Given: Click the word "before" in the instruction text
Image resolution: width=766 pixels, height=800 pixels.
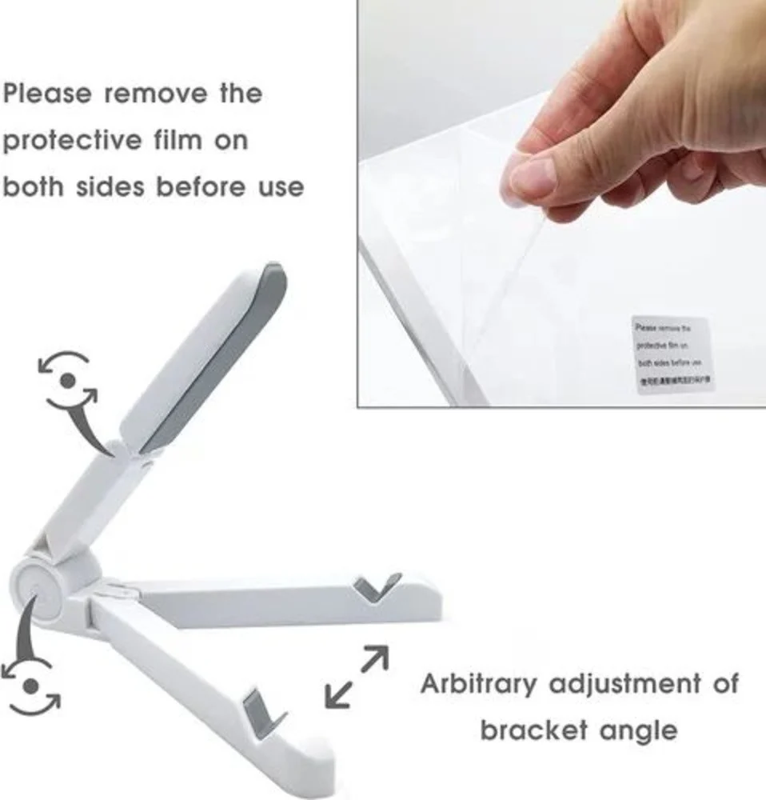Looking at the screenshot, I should [x=199, y=187].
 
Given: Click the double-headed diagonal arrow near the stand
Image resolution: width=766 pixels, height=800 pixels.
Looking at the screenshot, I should [x=357, y=677].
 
